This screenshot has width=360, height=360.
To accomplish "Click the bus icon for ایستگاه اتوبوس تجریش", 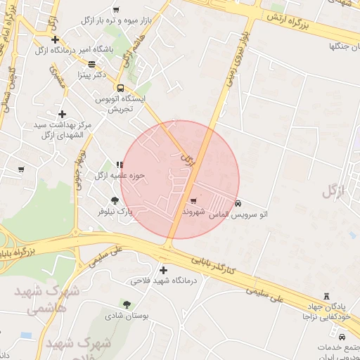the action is tap(120, 88).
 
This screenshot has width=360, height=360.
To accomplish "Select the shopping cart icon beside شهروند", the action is tap(193, 202).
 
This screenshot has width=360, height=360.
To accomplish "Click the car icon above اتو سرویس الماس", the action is tap(238, 202).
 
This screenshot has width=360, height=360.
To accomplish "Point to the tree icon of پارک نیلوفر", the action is tap(115, 200).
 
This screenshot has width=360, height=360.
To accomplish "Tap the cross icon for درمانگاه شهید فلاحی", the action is tap(164, 270).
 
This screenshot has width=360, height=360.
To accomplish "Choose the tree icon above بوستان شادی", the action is tap(127, 304).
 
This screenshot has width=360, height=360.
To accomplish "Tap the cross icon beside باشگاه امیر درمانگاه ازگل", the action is tap(56, 40).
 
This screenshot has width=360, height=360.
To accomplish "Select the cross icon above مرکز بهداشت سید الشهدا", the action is tap(63, 114).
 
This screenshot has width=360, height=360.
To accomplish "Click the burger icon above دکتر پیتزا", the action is tap(91, 64).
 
